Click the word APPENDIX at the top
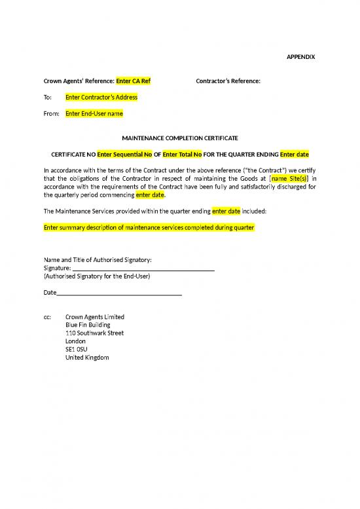pos(301,57)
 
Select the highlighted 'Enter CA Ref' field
pos(134,81)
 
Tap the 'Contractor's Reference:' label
pos(228,81)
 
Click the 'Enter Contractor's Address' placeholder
pos(101,97)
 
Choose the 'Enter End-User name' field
pos(94,113)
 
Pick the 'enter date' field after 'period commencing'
pos(151,195)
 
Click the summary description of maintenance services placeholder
pos(149,227)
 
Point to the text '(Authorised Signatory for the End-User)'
pos(98,276)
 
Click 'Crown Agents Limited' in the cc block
pos(95,317)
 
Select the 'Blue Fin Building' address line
pos(88,325)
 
